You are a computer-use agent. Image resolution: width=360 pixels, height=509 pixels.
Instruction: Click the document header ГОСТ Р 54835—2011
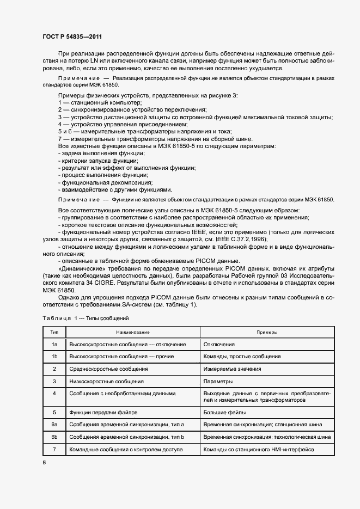tap(72, 36)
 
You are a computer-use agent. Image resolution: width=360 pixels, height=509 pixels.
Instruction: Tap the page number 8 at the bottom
tap(45, 463)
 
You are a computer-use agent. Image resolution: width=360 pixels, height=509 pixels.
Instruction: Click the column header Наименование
tap(132, 332)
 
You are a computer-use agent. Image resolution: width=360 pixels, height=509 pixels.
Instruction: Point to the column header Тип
tap(54, 332)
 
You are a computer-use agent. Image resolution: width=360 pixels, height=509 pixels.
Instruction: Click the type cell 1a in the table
tap(54, 345)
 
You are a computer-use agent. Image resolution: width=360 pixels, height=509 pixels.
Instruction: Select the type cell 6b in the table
tap(54, 437)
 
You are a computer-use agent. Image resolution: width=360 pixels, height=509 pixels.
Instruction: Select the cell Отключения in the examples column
tap(219, 345)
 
